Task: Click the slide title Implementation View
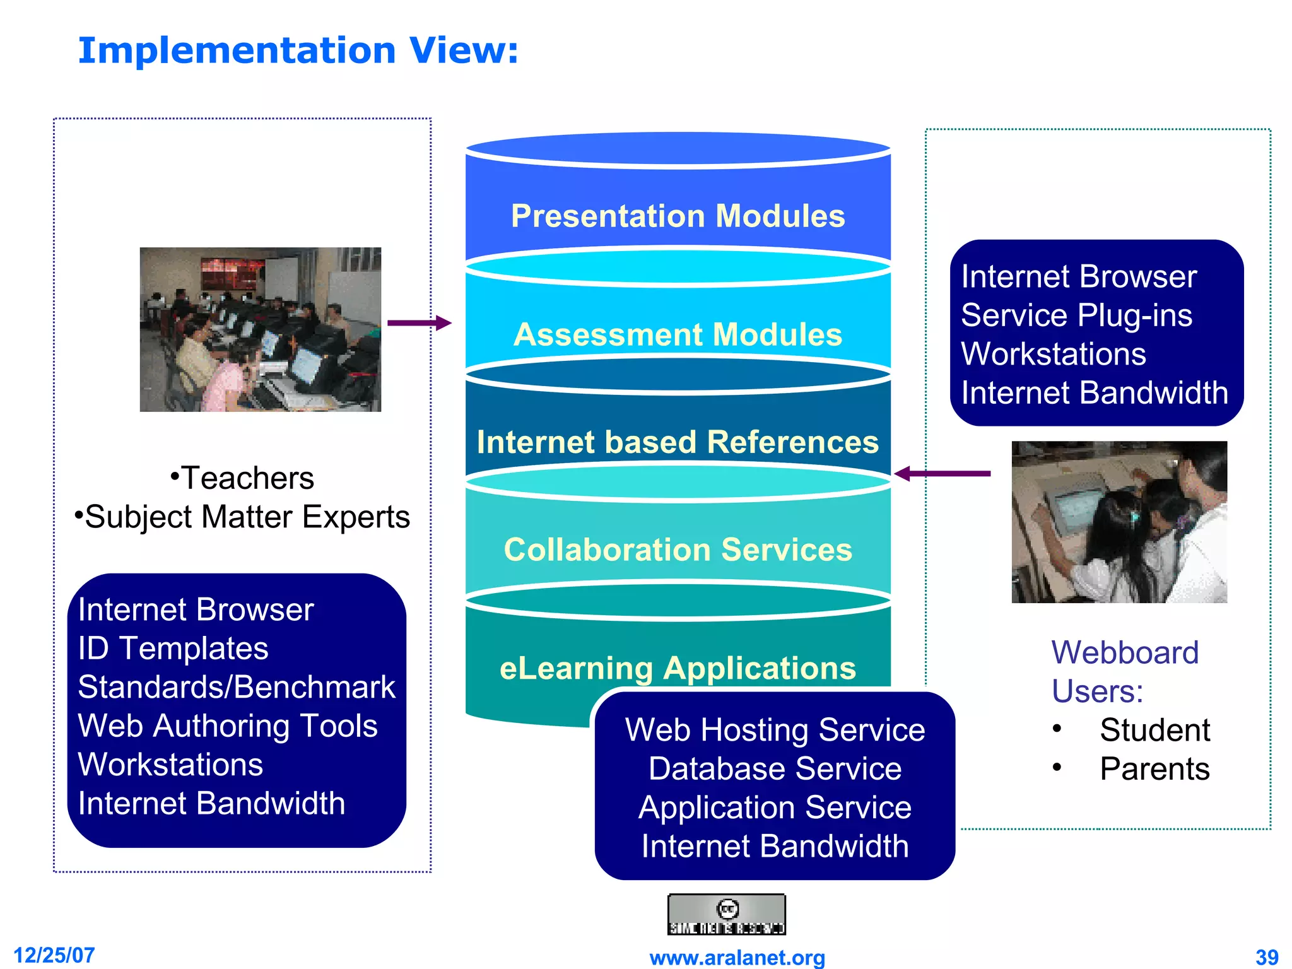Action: click(298, 50)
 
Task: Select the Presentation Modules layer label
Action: click(678, 216)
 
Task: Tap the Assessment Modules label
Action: click(678, 334)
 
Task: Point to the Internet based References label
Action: click(678, 442)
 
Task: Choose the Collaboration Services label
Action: click(678, 549)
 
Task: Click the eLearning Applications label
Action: click(678, 668)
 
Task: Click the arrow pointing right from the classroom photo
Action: click(419, 323)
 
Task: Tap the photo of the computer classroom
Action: click(260, 329)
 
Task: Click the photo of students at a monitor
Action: click(1119, 522)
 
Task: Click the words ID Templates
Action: click(173, 649)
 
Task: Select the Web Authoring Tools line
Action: click(227, 726)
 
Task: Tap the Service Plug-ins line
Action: click(1076, 315)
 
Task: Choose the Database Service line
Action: click(775, 769)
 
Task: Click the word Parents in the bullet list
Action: click(1154, 769)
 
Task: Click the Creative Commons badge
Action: click(726, 914)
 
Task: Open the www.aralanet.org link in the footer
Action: click(737, 958)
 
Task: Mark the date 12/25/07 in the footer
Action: click(54, 955)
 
